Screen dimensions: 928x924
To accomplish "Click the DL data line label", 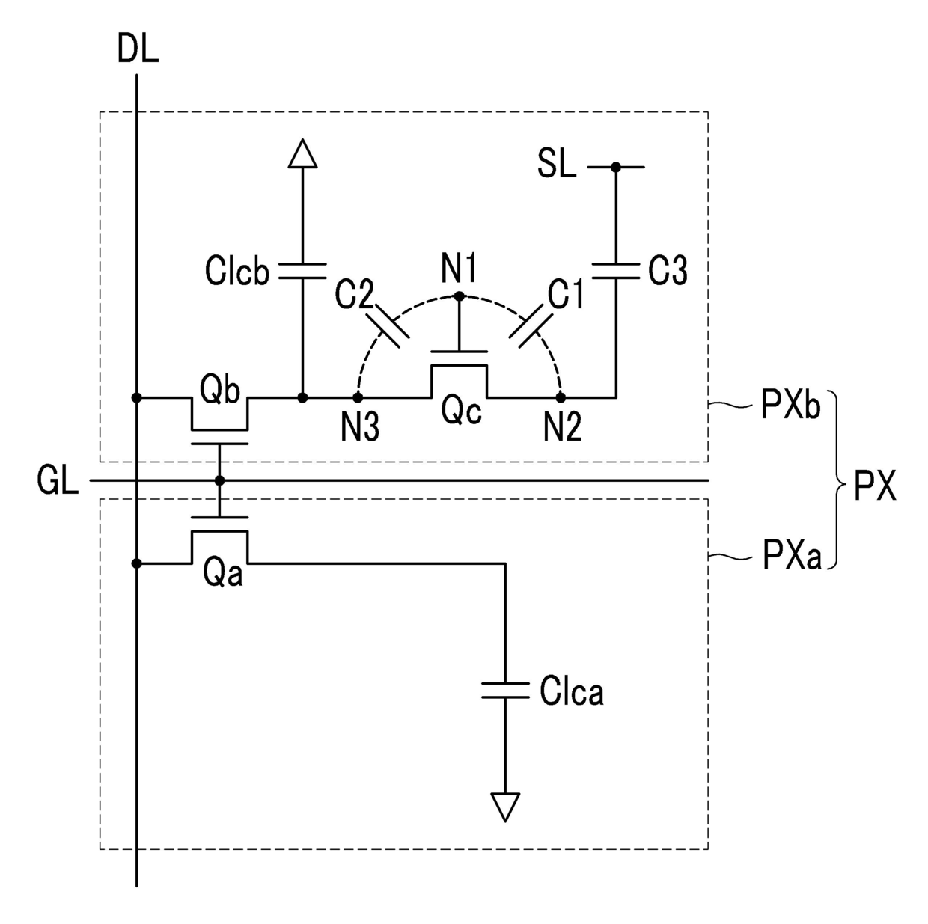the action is point(138,49).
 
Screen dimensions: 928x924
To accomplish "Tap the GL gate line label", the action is point(58,480).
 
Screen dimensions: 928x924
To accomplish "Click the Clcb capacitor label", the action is point(237,271).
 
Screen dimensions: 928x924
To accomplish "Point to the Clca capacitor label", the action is point(572,691).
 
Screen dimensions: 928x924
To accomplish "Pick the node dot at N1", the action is point(460,296).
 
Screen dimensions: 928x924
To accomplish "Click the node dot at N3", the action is point(358,398).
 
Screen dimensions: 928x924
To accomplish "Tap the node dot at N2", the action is point(561,398).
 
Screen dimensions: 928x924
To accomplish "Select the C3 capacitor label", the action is point(668,271).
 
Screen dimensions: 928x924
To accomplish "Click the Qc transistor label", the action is point(461,411).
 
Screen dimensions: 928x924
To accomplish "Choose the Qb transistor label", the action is point(219,389).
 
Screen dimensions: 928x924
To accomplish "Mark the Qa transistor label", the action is point(222,572).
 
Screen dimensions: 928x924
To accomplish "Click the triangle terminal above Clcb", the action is point(302,153).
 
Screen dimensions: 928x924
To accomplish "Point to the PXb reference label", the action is point(790,405).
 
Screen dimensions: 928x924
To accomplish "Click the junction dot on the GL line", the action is point(219,480).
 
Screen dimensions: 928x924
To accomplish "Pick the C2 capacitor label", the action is point(354,294).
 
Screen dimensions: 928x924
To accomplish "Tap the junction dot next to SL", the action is point(616,167).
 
